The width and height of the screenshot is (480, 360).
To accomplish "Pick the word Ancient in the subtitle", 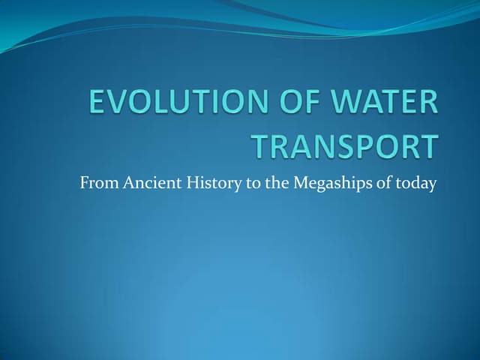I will tap(147, 183).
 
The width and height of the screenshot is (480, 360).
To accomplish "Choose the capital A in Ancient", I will tap(126, 183).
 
